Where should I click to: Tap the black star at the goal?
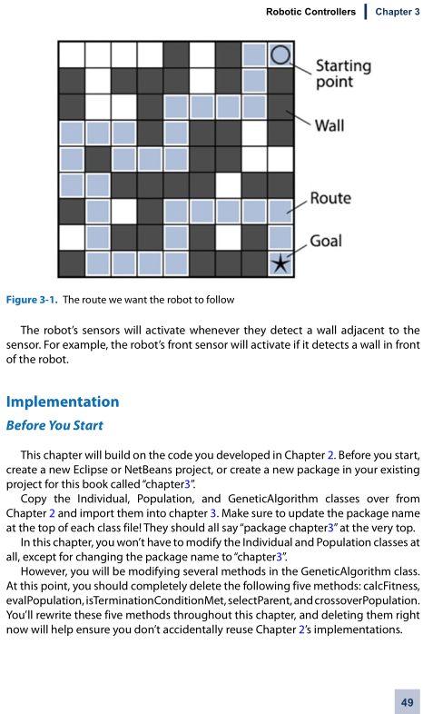coord(280,264)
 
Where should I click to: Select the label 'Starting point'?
coord(343,74)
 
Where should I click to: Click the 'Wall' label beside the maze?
coord(330,125)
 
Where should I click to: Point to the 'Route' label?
coord(330,198)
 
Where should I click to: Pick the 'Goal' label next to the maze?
coord(326,241)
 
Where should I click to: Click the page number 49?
coord(407,701)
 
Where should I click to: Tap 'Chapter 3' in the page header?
coord(398,12)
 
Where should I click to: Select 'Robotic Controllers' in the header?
coord(310,12)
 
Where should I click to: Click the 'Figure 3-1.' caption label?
coord(32,300)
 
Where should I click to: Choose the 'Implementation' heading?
coord(63,402)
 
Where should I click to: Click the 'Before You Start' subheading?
coord(54,425)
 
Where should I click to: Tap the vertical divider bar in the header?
coord(366,12)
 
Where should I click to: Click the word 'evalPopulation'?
coord(44,600)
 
